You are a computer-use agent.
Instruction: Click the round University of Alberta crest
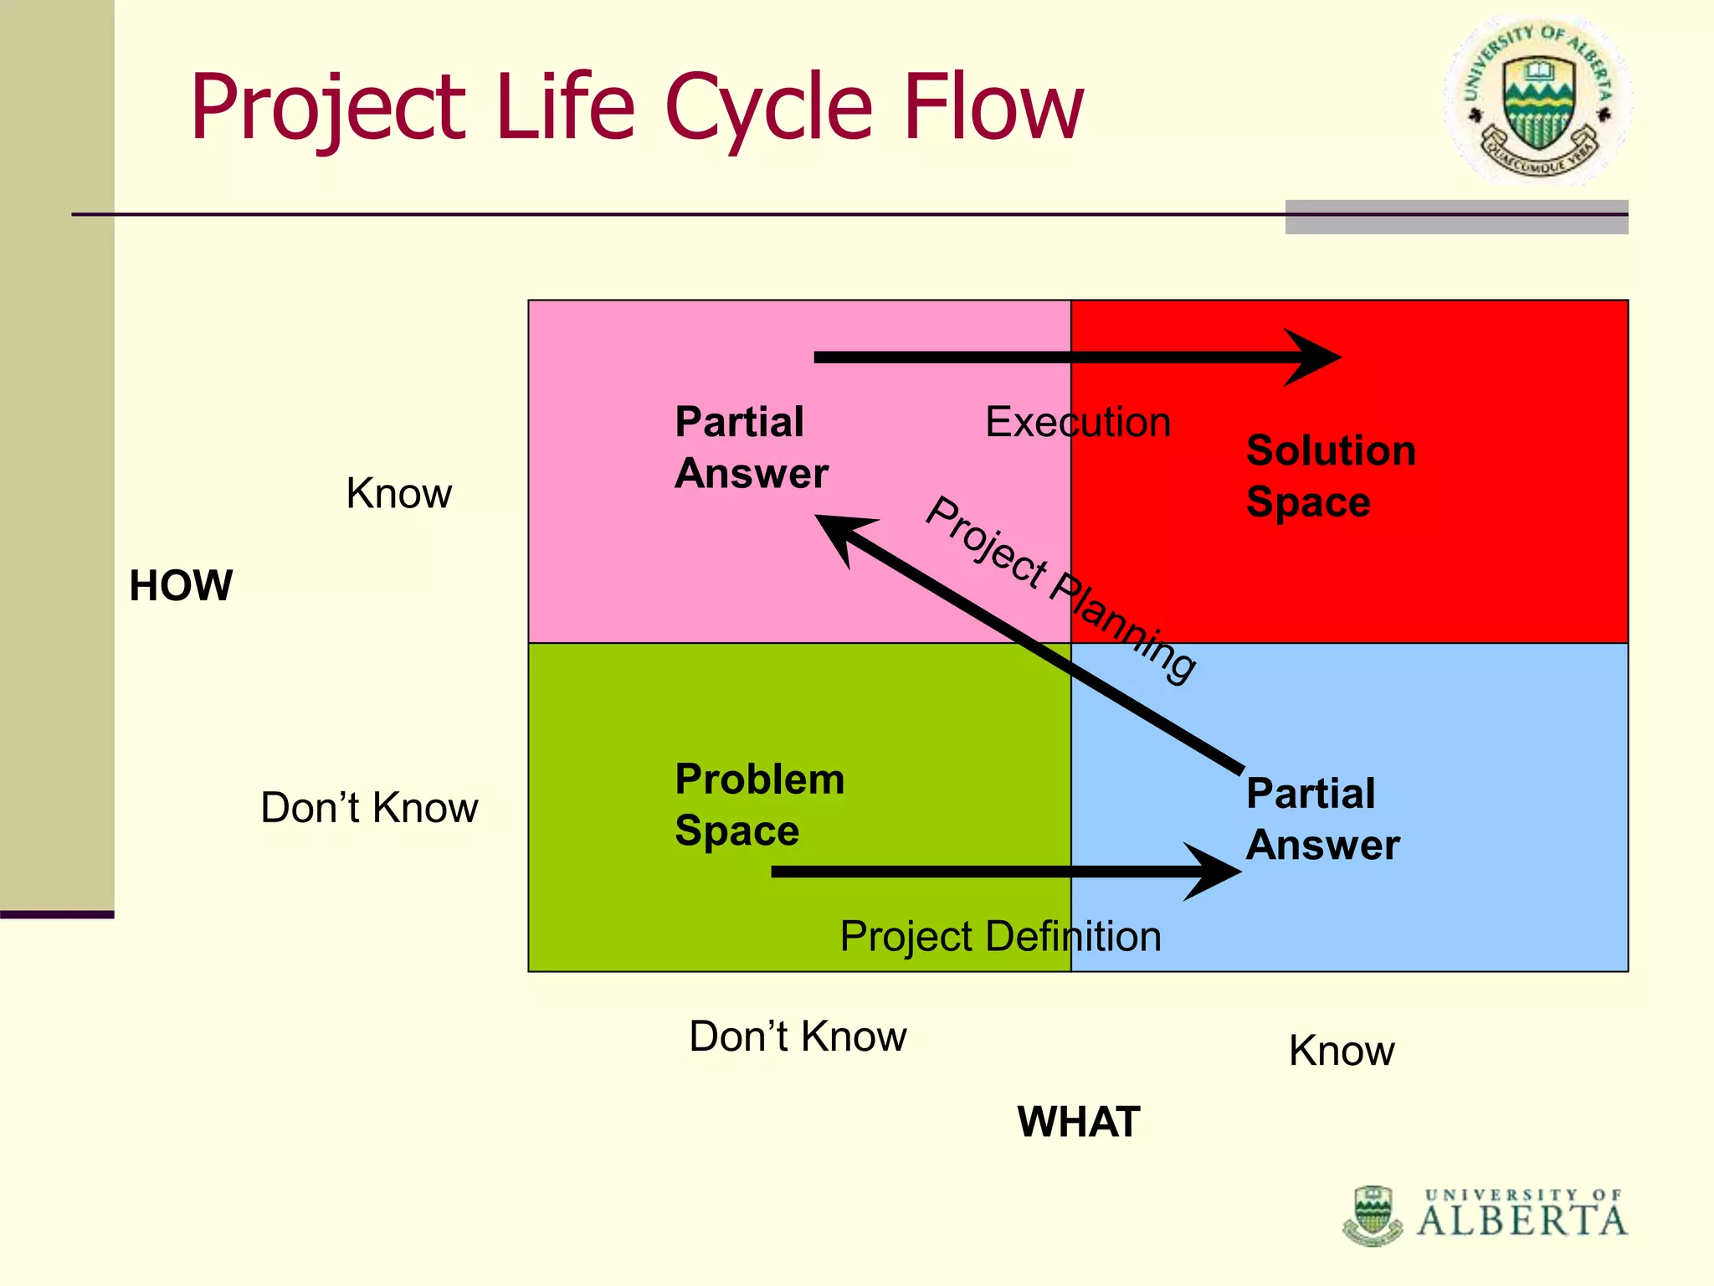click(x=1537, y=100)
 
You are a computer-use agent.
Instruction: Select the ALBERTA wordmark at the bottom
click(x=1522, y=1221)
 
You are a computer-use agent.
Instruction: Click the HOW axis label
click(x=181, y=584)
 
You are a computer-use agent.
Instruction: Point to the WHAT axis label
click(x=1078, y=1121)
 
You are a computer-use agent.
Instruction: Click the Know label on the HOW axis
click(x=398, y=493)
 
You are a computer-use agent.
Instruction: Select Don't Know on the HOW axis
click(x=369, y=808)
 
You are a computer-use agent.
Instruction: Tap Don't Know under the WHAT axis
click(x=798, y=1037)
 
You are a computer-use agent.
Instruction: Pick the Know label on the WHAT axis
click(x=1341, y=1051)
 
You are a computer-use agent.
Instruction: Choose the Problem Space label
click(x=758, y=805)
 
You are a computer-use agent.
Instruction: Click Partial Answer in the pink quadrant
click(x=751, y=447)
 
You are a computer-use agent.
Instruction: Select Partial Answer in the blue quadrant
click(x=1321, y=819)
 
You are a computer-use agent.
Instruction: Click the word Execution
click(x=1077, y=422)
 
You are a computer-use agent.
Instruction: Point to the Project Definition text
click(x=1000, y=936)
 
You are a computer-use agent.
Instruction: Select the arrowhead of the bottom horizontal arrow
click(x=1214, y=872)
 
